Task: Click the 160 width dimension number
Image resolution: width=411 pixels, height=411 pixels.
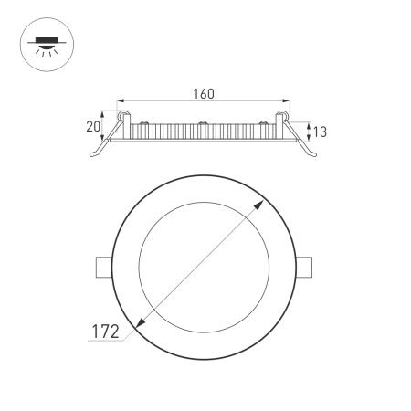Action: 205,92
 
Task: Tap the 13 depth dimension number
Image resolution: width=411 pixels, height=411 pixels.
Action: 320,132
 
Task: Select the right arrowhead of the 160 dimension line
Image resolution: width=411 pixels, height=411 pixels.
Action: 285,101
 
